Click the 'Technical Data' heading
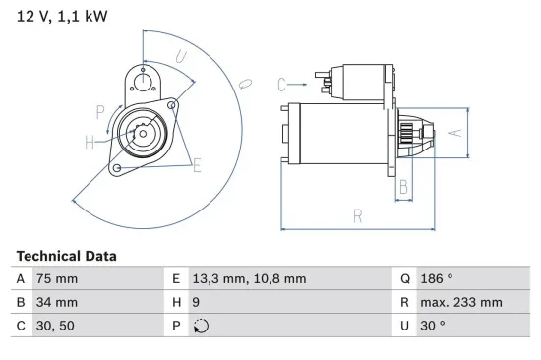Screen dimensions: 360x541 66,255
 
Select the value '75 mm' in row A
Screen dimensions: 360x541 56,278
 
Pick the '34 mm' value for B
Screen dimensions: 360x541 56,302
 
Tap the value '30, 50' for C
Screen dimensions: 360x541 54,327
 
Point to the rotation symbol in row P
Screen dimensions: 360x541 203,327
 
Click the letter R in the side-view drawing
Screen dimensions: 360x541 358,216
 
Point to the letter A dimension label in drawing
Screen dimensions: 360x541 453,132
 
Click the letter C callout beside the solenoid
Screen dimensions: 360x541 281,84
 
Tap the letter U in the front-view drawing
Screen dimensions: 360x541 181,58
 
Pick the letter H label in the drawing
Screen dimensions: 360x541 90,143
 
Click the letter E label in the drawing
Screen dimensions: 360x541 197,165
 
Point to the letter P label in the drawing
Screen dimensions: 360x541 100,111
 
